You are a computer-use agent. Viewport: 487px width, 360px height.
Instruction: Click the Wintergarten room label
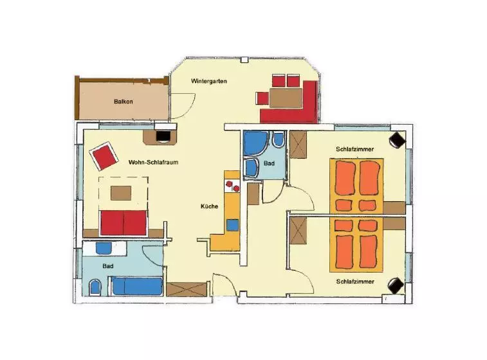click(208, 81)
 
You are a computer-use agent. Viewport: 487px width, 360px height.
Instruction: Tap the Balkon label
click(124, 102)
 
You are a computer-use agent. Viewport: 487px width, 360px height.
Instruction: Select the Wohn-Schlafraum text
click(153, 162)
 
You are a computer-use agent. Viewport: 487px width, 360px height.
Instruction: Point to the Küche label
click(209, 206)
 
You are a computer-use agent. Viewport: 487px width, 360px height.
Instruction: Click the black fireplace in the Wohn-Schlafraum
click(163, 136)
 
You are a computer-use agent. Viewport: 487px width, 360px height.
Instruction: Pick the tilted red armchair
click(104, 156)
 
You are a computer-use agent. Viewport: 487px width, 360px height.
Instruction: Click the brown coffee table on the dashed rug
click(121, 193)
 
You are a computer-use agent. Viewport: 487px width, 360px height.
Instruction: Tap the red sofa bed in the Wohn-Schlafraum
click(123, 222)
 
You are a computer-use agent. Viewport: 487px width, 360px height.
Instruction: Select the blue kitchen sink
click(232, 225)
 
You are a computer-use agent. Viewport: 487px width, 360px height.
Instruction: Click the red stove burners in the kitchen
click(233, 186)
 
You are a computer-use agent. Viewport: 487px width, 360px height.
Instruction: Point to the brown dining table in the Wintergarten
click(286, 98)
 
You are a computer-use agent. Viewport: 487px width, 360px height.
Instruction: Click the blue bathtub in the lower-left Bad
click(137, 286)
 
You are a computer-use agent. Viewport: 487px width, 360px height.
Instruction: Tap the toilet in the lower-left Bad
click(95, 288)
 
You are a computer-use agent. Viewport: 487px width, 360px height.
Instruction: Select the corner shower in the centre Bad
click(255, 143)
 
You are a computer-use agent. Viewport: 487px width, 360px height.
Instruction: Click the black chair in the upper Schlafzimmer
click(397, 140)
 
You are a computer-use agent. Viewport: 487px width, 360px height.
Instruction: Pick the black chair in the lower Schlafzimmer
click(396, 285)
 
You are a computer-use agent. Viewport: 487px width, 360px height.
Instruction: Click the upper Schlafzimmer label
click(354, 149)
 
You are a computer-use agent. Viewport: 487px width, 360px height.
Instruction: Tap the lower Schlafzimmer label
click(355, 282)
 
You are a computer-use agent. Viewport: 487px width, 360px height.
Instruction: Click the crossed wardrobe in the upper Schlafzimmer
click(298, 145)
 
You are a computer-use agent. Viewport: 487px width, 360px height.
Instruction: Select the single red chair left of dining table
click(262, 98)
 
